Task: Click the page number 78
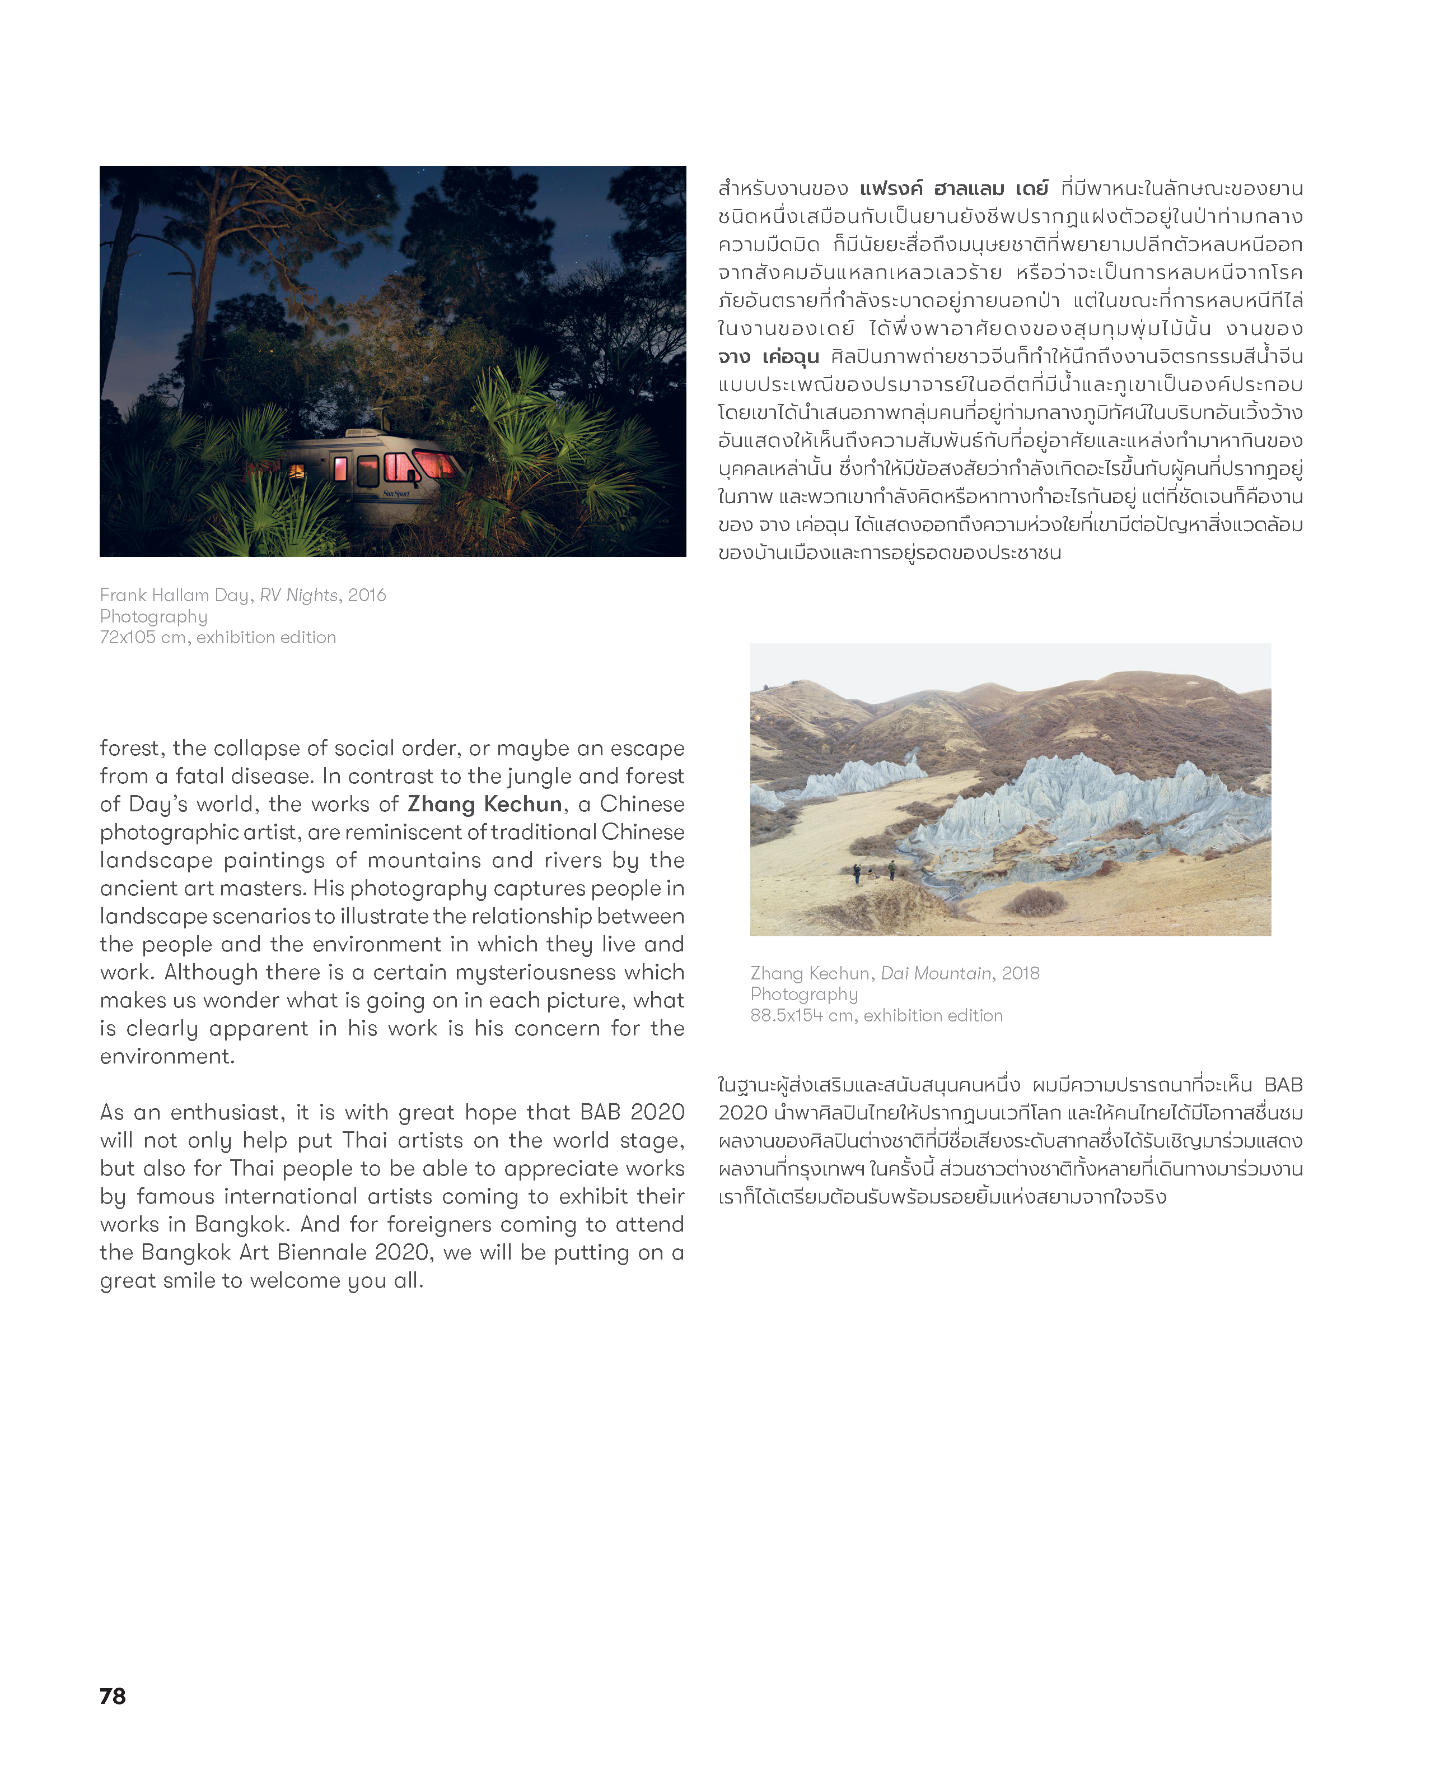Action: (x=113, y=1695)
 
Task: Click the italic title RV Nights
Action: (x=298, y=595)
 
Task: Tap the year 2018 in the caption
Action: (x=1021, y=973)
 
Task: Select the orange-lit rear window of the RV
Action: (x=295, y=471)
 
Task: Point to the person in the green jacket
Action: (x=891, y=869)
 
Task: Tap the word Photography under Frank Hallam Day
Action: (x=154, y=616)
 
